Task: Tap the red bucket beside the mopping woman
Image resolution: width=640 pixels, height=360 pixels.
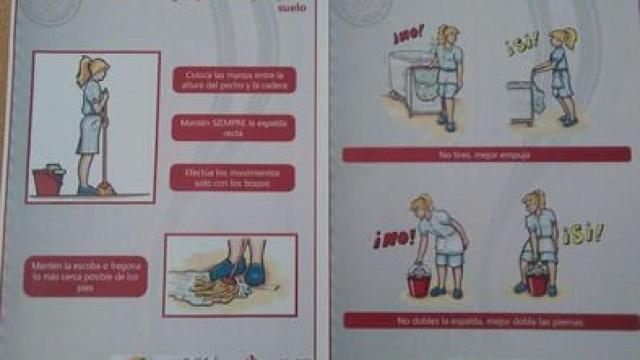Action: (47, 180)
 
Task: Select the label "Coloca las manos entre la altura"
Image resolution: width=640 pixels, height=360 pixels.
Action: (232, 79)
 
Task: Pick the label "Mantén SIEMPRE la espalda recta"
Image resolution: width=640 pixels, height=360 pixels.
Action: (232, 126)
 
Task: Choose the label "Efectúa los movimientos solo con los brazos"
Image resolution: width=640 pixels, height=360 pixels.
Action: (232, 177)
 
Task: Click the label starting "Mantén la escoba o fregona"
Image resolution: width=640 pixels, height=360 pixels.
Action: (85, 276)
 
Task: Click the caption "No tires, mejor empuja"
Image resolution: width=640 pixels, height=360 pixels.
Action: (484, 154)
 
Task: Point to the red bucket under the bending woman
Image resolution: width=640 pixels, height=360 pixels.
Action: (419, 285)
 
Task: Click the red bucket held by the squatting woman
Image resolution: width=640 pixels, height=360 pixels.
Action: (537, 283)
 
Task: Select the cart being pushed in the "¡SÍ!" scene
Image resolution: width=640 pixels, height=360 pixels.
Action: (523, 100)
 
